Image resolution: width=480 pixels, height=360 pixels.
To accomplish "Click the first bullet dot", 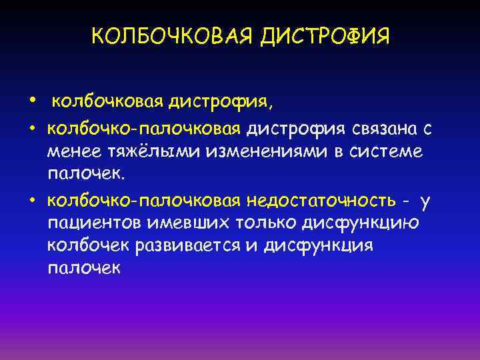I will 32,100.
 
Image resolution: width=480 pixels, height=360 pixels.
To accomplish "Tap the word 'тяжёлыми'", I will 152,153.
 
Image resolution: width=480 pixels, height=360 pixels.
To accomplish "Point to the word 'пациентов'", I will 93,223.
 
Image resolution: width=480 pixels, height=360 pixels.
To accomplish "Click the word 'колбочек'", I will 88,245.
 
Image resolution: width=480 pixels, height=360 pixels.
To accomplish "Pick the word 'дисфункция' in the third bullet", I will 318,245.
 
